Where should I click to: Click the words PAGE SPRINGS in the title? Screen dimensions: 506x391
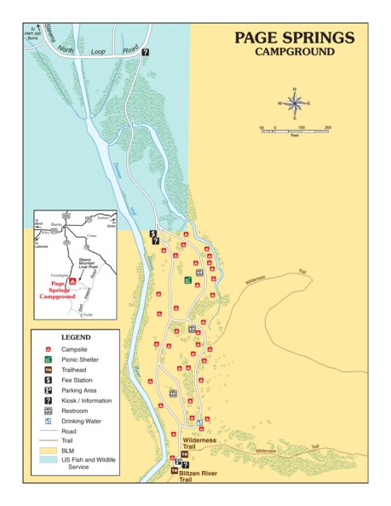[294, 37]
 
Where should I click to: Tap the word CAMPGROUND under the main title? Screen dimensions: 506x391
[294, 52]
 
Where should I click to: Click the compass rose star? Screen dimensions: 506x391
[295, 103]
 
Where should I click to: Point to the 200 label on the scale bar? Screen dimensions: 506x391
[328, 127]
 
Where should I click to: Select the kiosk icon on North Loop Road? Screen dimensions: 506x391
[146, 53]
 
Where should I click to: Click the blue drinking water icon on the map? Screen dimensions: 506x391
[199, 422]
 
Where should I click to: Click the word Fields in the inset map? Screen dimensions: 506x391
[86, 317]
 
